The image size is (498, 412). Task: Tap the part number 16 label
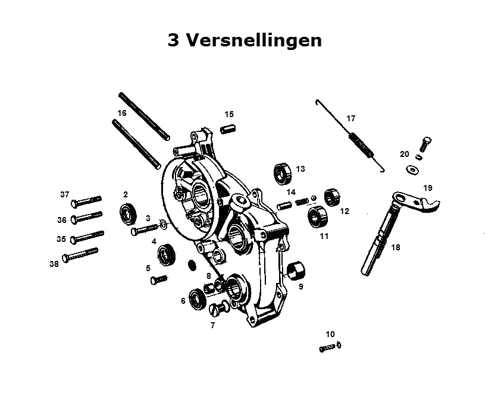[122, 113]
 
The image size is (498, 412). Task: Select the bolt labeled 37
[86, 201]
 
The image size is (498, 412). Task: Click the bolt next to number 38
[80, 255]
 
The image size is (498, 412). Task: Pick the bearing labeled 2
[128, 213]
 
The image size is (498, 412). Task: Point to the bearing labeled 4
[167, 254]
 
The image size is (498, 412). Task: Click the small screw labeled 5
[158, 279]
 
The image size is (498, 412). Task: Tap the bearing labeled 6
[197, 298]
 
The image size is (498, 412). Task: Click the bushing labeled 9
[296, 270]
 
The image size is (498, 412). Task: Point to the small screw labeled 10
[330, 347]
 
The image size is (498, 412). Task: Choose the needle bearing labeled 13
[283, 173]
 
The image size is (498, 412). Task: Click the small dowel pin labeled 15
[228, 130]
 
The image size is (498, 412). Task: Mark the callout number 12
[344, 211]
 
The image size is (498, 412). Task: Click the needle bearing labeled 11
[317, 216]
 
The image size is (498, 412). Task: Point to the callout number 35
[61, 238]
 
